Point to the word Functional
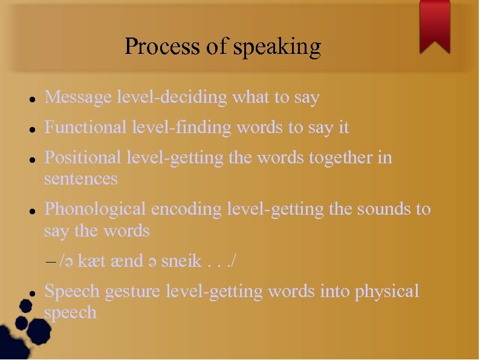(x=83, y=128)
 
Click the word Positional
(x=83, y=158)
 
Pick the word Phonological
(x=96, y=209)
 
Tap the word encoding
(x=186, y=210)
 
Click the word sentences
(x=81, y=179)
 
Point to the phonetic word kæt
(x=92, y=261)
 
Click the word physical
(x=387, y=292)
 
